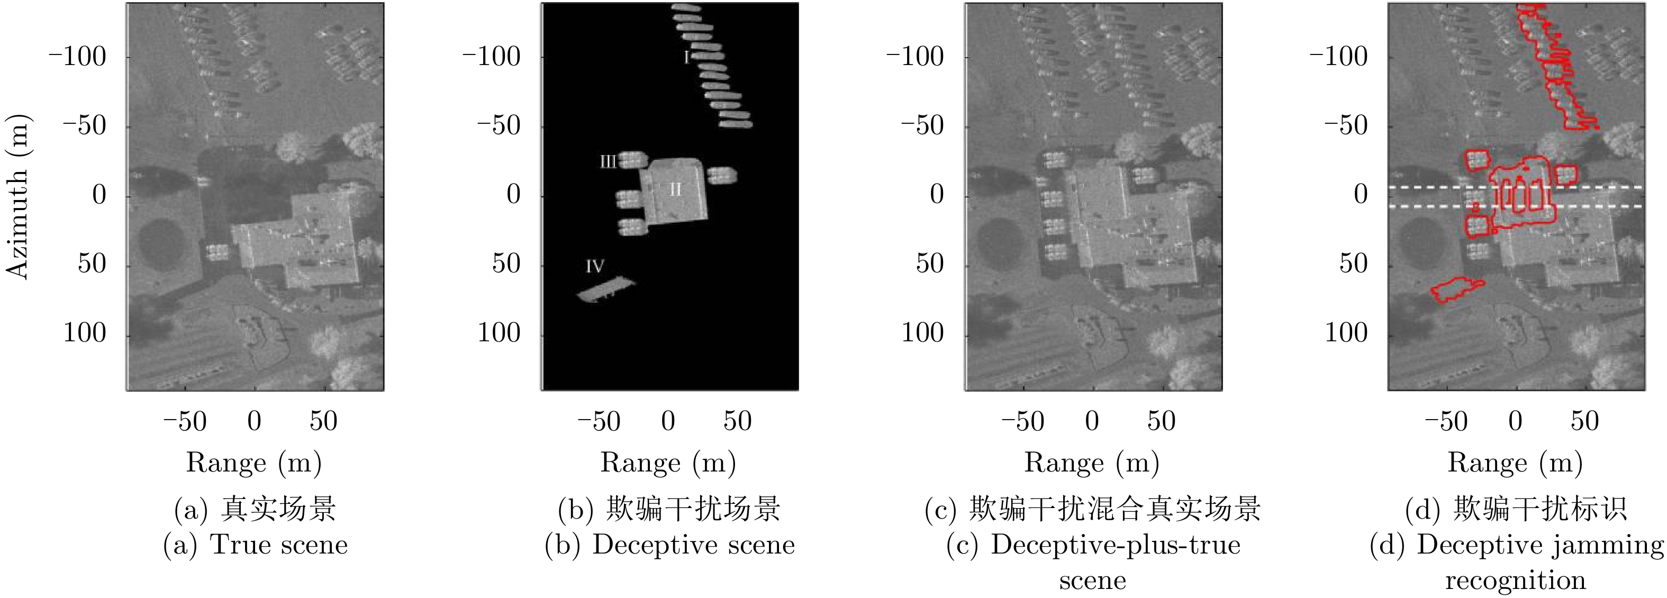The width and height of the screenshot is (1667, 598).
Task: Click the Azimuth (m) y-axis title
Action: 17,197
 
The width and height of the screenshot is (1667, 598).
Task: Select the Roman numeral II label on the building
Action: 675,189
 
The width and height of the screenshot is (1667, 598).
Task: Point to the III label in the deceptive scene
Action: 608,161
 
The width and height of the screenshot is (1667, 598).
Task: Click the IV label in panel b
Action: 595,266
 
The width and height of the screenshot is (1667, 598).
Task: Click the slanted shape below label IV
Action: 606,289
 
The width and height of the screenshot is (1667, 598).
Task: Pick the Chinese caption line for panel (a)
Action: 255,509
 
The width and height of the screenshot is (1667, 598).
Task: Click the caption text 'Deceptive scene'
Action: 694,545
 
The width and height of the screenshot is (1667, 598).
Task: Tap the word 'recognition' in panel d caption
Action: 1516,580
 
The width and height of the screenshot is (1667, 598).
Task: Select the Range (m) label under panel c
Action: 1092,463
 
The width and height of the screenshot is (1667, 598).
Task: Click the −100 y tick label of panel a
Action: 77,57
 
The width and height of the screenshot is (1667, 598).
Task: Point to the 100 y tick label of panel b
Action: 499,333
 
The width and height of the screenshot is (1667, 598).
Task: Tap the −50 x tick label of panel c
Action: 1022,421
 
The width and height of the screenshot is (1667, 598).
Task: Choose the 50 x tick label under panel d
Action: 1585,421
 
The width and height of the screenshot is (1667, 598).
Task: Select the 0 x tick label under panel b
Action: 668,421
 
